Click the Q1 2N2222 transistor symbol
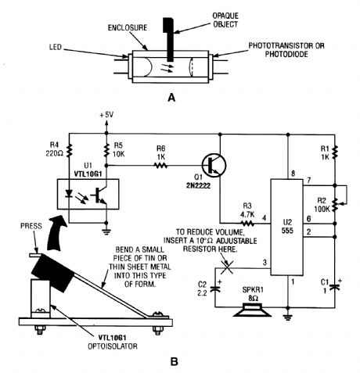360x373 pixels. [x=214, y=166]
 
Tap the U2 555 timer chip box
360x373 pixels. [x=286, y=227]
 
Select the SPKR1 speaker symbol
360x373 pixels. [x=253, y=310]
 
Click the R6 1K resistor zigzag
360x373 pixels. [x=160, y=166]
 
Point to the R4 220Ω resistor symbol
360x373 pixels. [x=70, y=150]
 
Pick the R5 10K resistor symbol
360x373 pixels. [x=106, y=150]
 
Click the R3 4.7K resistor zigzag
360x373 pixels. [x=247, y=224]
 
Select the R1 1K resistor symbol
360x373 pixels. [x=335, y=152]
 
